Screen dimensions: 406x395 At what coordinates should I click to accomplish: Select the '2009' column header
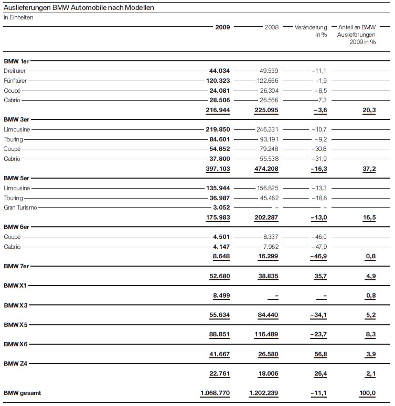(222, 27)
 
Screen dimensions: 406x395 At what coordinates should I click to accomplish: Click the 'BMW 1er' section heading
(17, 61)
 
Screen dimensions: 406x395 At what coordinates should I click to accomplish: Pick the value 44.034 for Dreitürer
(220, 70)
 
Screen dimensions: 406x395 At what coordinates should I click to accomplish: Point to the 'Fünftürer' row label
(16, 80)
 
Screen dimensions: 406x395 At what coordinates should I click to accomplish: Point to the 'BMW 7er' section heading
(17, 267)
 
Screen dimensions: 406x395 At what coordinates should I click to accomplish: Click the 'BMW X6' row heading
(16, 344)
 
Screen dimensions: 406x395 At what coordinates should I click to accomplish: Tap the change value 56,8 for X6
(319, 355)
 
